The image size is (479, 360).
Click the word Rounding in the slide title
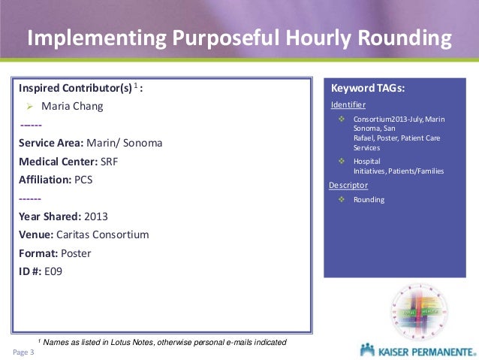tap(406, 38)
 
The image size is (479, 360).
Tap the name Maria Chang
tap(72, 106)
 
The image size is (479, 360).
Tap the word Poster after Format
tap(76, 253)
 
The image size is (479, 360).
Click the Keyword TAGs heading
tap(368, 89)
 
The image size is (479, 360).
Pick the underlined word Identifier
tap(348, 104)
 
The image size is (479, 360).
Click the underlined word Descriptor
tap(348, 184)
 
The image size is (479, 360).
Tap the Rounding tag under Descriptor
tap(368, 200)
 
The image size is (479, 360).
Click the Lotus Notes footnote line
tap(161, 342)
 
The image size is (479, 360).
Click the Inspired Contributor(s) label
tap(75, 88)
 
